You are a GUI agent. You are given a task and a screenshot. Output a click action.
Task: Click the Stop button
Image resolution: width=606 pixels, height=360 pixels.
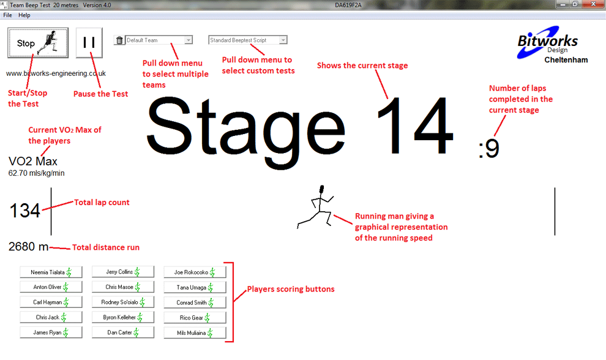click(x=37, y=43)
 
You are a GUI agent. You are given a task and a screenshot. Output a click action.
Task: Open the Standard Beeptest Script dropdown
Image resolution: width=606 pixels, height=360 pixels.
click(x=248, y=40)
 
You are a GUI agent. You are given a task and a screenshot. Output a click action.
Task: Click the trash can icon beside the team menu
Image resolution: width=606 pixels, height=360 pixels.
click(x=119, y=40)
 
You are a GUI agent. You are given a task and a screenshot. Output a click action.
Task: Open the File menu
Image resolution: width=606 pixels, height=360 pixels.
click(x=7, y=15)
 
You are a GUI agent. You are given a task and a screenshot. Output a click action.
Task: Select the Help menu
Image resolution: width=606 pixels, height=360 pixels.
click(x=24, y=15)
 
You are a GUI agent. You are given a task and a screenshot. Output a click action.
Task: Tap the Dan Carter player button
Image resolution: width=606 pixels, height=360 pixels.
click(x=123, y=333)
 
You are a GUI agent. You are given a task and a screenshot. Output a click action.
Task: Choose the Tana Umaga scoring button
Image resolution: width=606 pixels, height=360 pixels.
click(x=195, y=287)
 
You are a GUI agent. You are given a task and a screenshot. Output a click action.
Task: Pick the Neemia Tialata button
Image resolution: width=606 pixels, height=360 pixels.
click(x=51, y=272)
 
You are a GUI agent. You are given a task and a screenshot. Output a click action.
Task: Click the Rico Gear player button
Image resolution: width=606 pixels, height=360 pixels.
click(x=195, y=318)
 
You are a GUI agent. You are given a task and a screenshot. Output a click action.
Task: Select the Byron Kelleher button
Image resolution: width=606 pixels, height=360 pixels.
click(x=123, y=318)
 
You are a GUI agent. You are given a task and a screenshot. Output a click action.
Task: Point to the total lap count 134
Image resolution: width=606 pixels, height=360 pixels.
click(x=24, y=211)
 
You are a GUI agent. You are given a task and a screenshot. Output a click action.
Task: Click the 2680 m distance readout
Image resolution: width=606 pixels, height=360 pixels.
click(x=28, y=247)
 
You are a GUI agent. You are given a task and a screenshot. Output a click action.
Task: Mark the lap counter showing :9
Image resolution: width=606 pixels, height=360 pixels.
click(x=488, y=149)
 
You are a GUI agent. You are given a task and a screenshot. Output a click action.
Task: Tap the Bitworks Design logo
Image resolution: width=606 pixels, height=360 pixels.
click(x=547, y=43)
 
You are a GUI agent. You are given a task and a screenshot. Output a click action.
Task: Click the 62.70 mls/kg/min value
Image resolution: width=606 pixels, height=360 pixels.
click(x=36, y=173)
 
